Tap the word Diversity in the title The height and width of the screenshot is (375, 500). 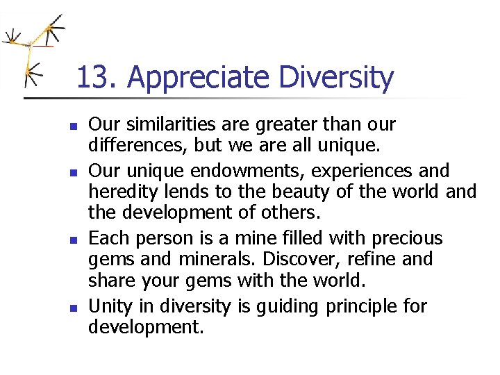(x=336, y=78)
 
